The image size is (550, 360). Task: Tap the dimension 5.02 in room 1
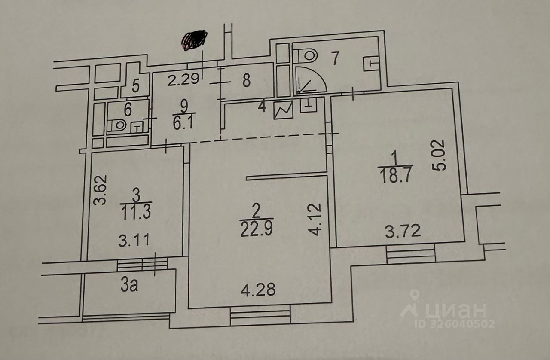click(438, 155)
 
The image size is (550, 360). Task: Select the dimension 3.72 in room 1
click(403, 231)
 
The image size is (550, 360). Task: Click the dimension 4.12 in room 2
click(315, 219)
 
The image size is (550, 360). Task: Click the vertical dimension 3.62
click(101, 190)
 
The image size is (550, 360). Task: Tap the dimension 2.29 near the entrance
click(183, 79)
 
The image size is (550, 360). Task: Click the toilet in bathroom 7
click(306, 56)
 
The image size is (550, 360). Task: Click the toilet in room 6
click(117, 125)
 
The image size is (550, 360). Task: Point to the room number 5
click(136, 85)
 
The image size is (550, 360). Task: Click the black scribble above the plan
click(194, 40)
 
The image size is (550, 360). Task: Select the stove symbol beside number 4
click(284, 110)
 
